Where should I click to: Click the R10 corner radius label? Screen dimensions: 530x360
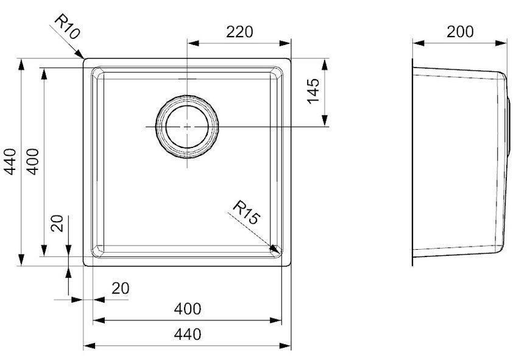67,27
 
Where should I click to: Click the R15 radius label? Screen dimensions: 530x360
247,213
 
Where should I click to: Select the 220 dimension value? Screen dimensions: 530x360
239,32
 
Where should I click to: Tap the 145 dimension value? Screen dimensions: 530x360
313,91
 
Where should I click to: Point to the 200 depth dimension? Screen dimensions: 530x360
460,32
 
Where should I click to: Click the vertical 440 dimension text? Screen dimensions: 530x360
10,161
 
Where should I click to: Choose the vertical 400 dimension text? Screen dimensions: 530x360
33,161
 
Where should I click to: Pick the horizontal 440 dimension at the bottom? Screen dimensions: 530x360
188,334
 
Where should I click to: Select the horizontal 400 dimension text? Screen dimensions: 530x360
188,309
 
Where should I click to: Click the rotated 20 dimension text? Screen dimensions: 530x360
57,223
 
